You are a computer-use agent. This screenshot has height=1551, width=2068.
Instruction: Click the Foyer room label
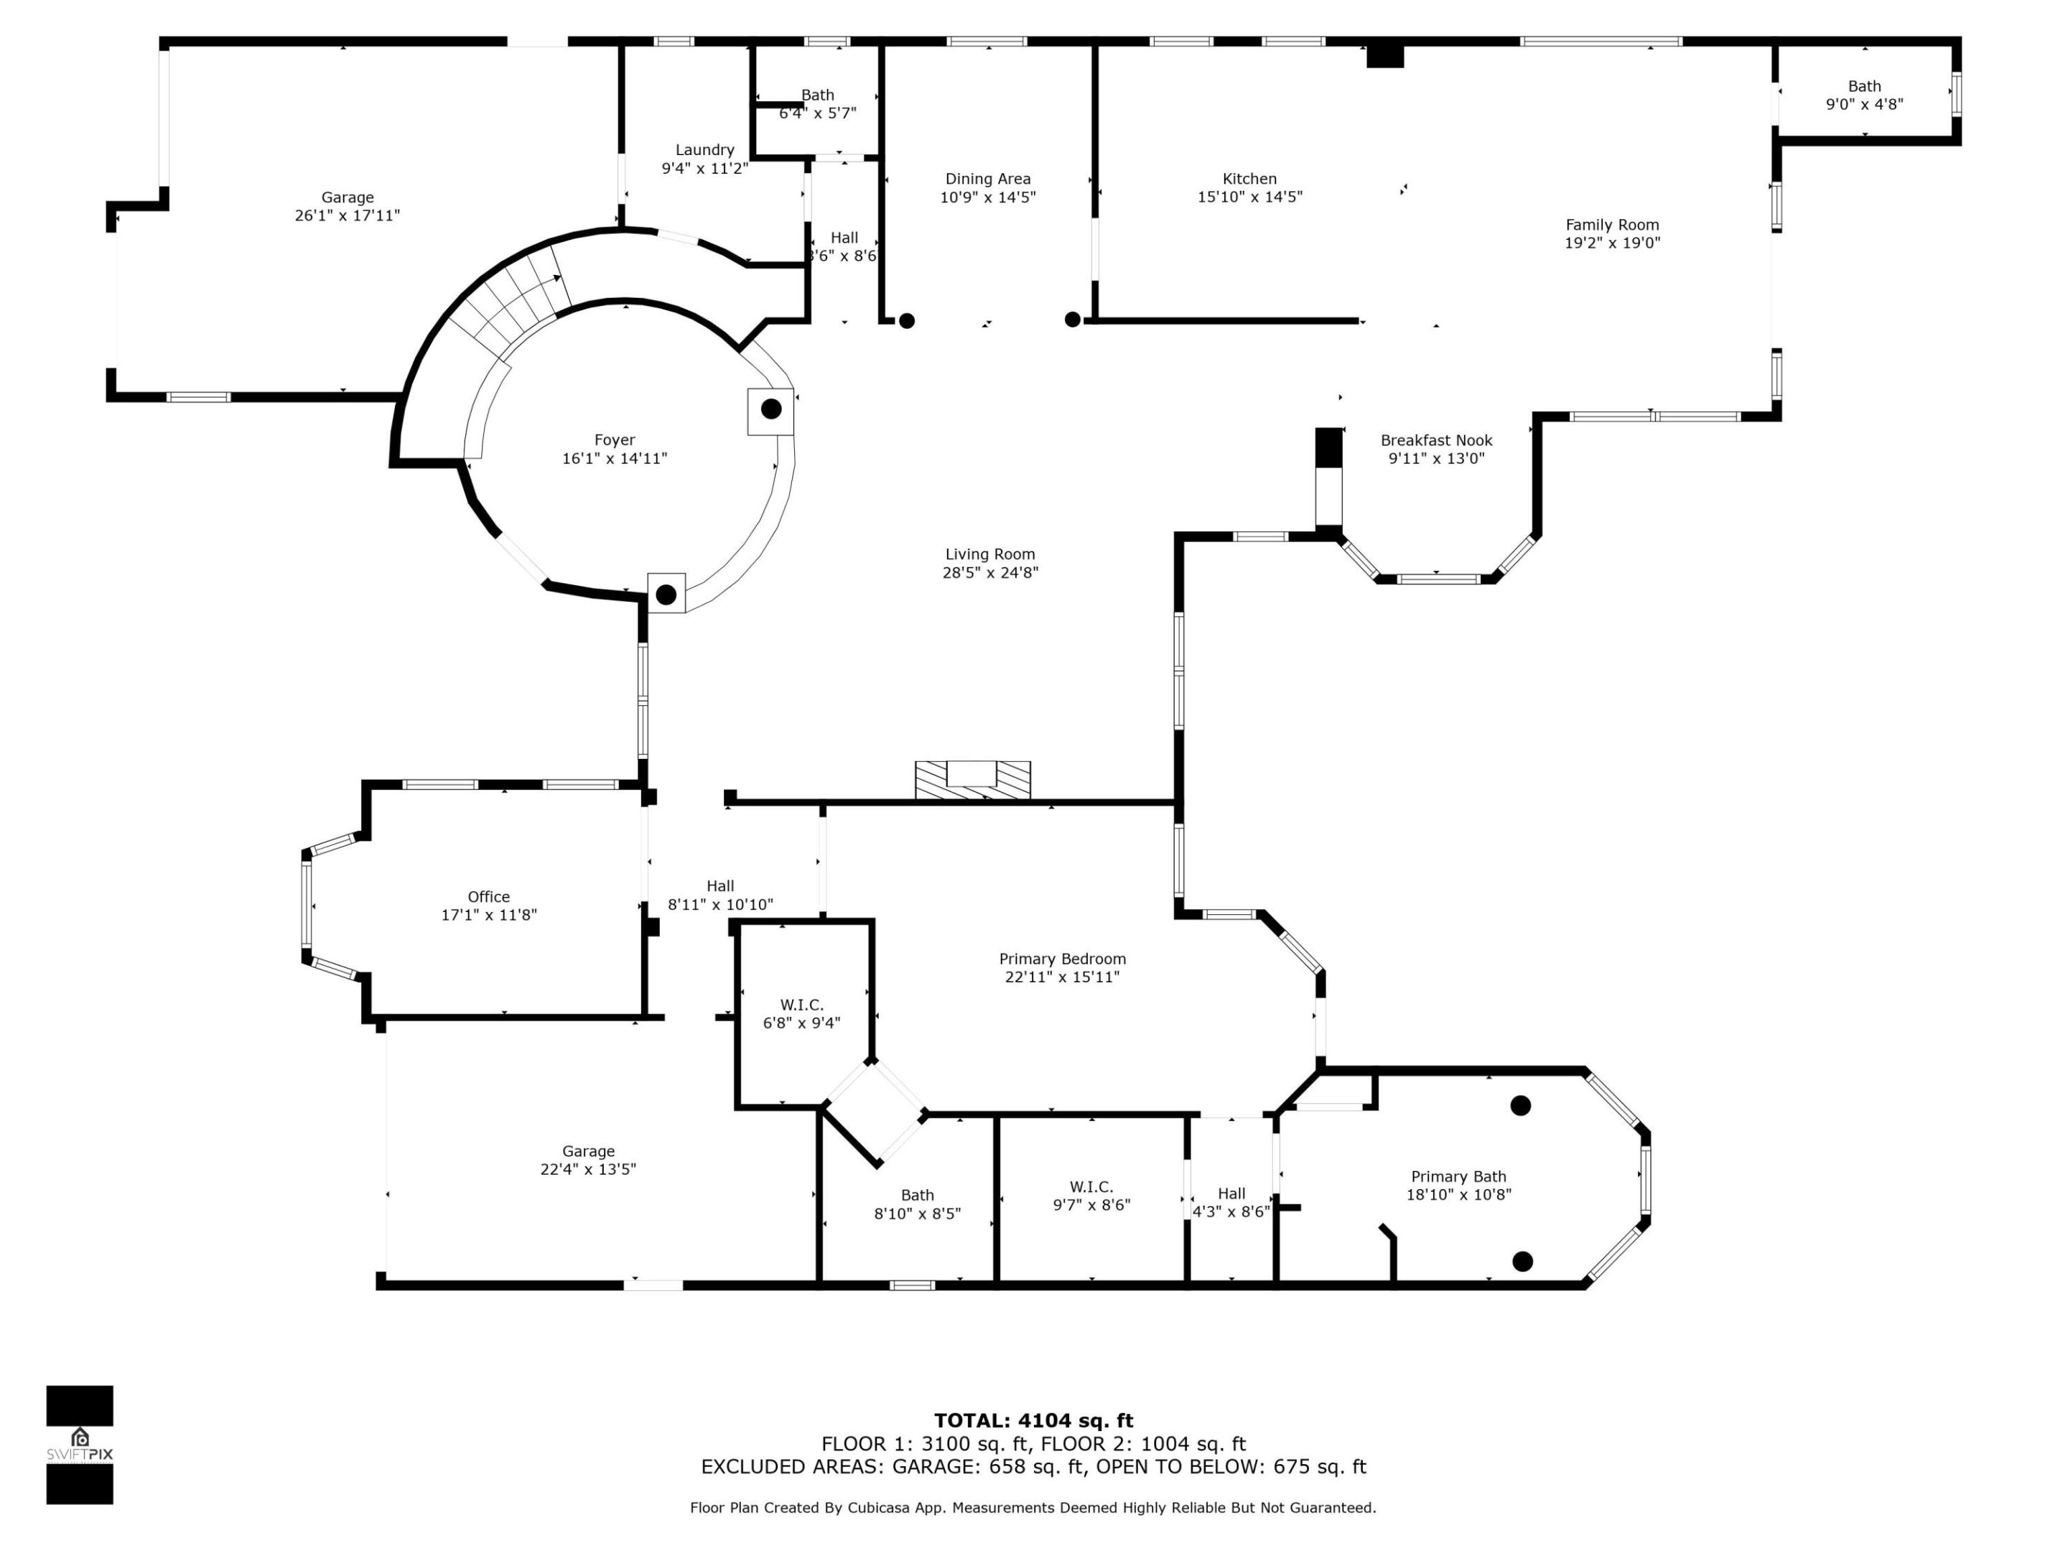coord(614,440)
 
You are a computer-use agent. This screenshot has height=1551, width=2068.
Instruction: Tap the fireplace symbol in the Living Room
coord(972,780)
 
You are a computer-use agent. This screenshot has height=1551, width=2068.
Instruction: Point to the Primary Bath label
coord(1458,1177)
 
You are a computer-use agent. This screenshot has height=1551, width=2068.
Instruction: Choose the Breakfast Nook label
coord(1436,440)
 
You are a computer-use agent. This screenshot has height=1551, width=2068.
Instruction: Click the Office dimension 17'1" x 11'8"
coord(489,916)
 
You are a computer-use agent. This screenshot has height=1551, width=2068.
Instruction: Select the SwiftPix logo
coord(80,1445)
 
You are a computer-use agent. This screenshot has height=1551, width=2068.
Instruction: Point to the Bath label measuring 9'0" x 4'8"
coord(1864,86)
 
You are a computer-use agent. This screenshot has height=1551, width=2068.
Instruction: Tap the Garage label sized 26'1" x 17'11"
coord(347,197)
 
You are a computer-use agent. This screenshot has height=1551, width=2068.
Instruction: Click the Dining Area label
coord(987,179)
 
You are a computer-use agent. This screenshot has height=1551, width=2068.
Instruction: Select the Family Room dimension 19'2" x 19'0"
coord(1612,243)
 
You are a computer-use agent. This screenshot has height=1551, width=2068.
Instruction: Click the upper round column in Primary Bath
coord(1520,1106)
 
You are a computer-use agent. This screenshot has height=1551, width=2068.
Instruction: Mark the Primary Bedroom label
coord(1062,959)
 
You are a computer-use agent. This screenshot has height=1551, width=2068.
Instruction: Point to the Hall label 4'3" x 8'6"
coord(1231,1194)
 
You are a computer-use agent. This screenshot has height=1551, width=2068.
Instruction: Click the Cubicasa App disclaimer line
coord(1033,1508)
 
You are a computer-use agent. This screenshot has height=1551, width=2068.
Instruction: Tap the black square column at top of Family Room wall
coord(1384,56)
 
